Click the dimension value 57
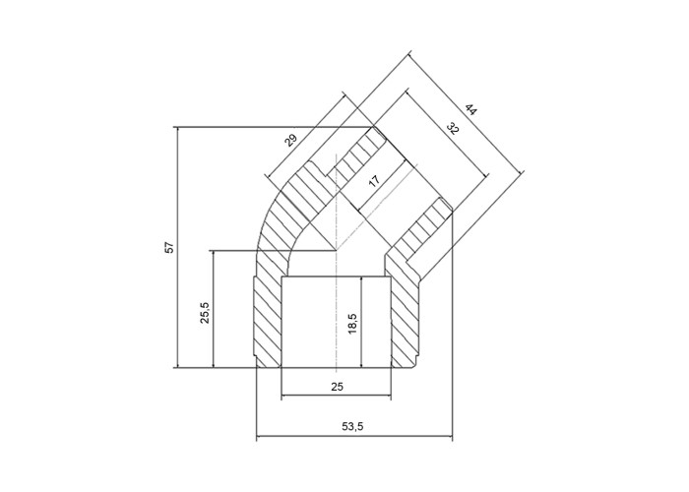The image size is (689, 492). pos(170,247)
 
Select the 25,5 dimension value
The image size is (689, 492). pos(206,313)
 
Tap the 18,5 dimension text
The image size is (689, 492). pos(352,324)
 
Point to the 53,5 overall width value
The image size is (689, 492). pos(352,426)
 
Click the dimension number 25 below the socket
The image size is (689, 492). pos(337,387)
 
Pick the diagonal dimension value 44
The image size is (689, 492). pos(470,110)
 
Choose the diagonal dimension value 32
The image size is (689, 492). pos(452,129)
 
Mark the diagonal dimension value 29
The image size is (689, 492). pos(290,140)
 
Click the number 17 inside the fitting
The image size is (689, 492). pos(374,181)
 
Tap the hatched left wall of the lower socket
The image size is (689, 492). pos(268,323)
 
